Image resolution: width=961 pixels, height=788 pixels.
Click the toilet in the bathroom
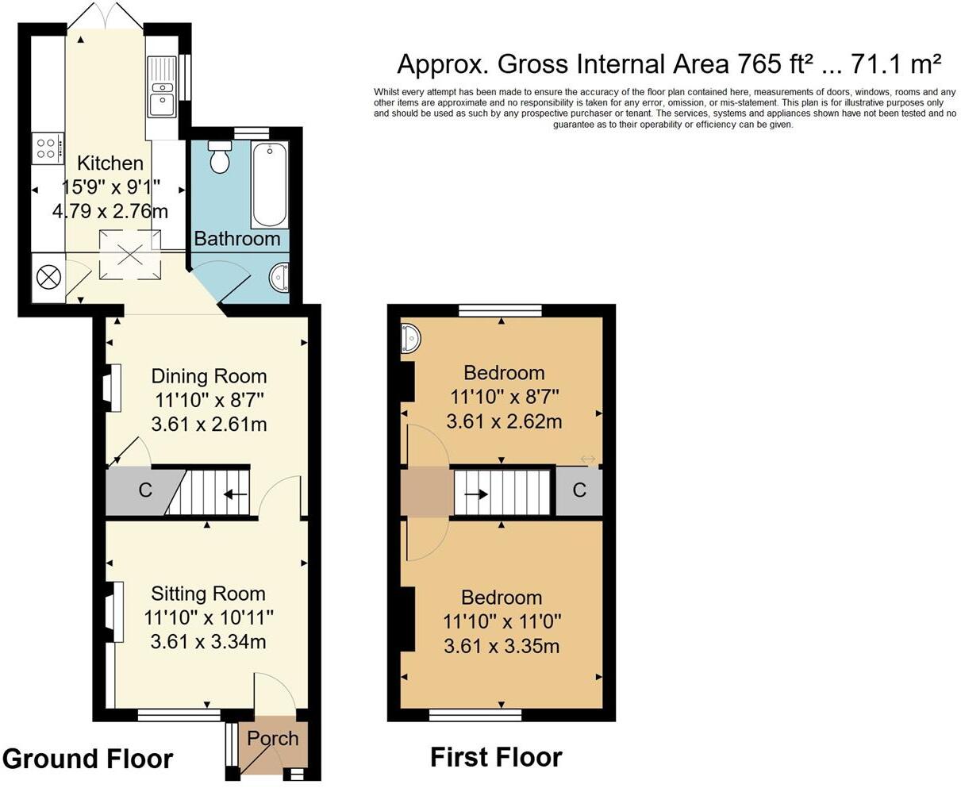(218, 158)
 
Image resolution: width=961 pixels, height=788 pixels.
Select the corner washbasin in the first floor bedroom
(411, 338)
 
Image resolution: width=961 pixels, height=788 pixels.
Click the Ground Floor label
(87, 759)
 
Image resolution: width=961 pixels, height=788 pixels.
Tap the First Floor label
(496, 757)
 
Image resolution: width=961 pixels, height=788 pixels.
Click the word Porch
(272, 738)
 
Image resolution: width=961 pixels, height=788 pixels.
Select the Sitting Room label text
(208, 594)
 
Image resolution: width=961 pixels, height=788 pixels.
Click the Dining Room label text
(209, 376)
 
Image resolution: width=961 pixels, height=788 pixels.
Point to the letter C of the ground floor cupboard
(145, 490)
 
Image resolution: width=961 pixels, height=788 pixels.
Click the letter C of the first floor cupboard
(579, 490)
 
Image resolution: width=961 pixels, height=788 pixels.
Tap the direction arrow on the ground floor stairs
(235, 494)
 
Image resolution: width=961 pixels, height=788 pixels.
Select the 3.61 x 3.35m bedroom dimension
(502, 646)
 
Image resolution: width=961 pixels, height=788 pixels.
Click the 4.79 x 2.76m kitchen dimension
(110, 211)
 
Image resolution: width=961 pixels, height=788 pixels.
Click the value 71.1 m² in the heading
(895, 63)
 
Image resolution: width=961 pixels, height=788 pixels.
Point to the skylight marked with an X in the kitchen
(129, 254)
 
